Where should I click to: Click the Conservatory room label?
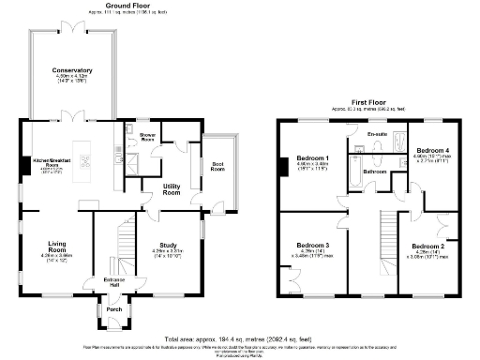click(x=72, y=71)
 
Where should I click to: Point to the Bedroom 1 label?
click(x=312, y=157)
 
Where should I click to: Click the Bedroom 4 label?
click(x=432, y=150)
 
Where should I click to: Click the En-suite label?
click(x=379, y=135)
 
